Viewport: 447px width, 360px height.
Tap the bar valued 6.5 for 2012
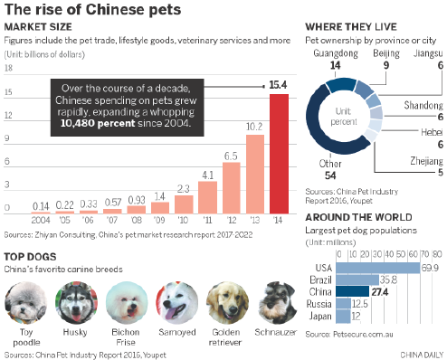[x=231, y=186]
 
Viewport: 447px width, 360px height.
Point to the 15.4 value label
[x=279, y=85]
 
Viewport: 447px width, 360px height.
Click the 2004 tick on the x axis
[x=41, y=220]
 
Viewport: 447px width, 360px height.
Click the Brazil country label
[x=319, y=280]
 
